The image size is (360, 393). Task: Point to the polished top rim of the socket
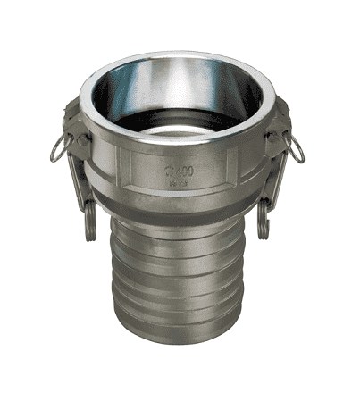point(179,60)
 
